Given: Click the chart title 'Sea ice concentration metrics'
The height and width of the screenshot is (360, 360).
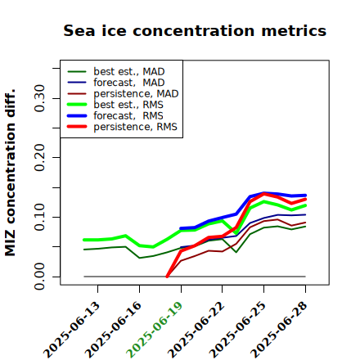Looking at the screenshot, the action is coord(195,30).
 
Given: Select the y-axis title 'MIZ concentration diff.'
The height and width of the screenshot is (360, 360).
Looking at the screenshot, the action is coord(10,173).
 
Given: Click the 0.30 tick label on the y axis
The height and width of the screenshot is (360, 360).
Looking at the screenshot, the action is coord(39,98).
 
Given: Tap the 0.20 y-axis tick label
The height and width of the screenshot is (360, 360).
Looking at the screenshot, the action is coord(39,158).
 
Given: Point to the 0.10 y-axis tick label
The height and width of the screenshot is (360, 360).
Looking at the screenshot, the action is coord(39,217).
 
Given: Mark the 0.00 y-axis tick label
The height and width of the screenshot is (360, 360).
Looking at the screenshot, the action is coord(39,277).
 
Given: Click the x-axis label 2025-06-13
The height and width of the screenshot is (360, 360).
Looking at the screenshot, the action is coord(72,330).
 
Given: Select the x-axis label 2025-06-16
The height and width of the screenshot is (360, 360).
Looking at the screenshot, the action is coord(114,330).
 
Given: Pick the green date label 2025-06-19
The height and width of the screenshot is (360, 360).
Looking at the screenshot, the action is coord(155,330).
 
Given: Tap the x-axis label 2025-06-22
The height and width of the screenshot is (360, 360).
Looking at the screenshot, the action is coord(196,330).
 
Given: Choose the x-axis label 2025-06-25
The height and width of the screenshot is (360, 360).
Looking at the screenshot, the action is coord(238,330).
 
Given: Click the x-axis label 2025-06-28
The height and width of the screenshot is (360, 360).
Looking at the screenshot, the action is coord(279,330).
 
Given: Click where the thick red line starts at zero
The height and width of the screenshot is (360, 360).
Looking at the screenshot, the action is coord(167,277).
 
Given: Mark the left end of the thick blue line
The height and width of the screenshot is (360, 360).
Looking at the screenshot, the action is coord(181,228).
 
